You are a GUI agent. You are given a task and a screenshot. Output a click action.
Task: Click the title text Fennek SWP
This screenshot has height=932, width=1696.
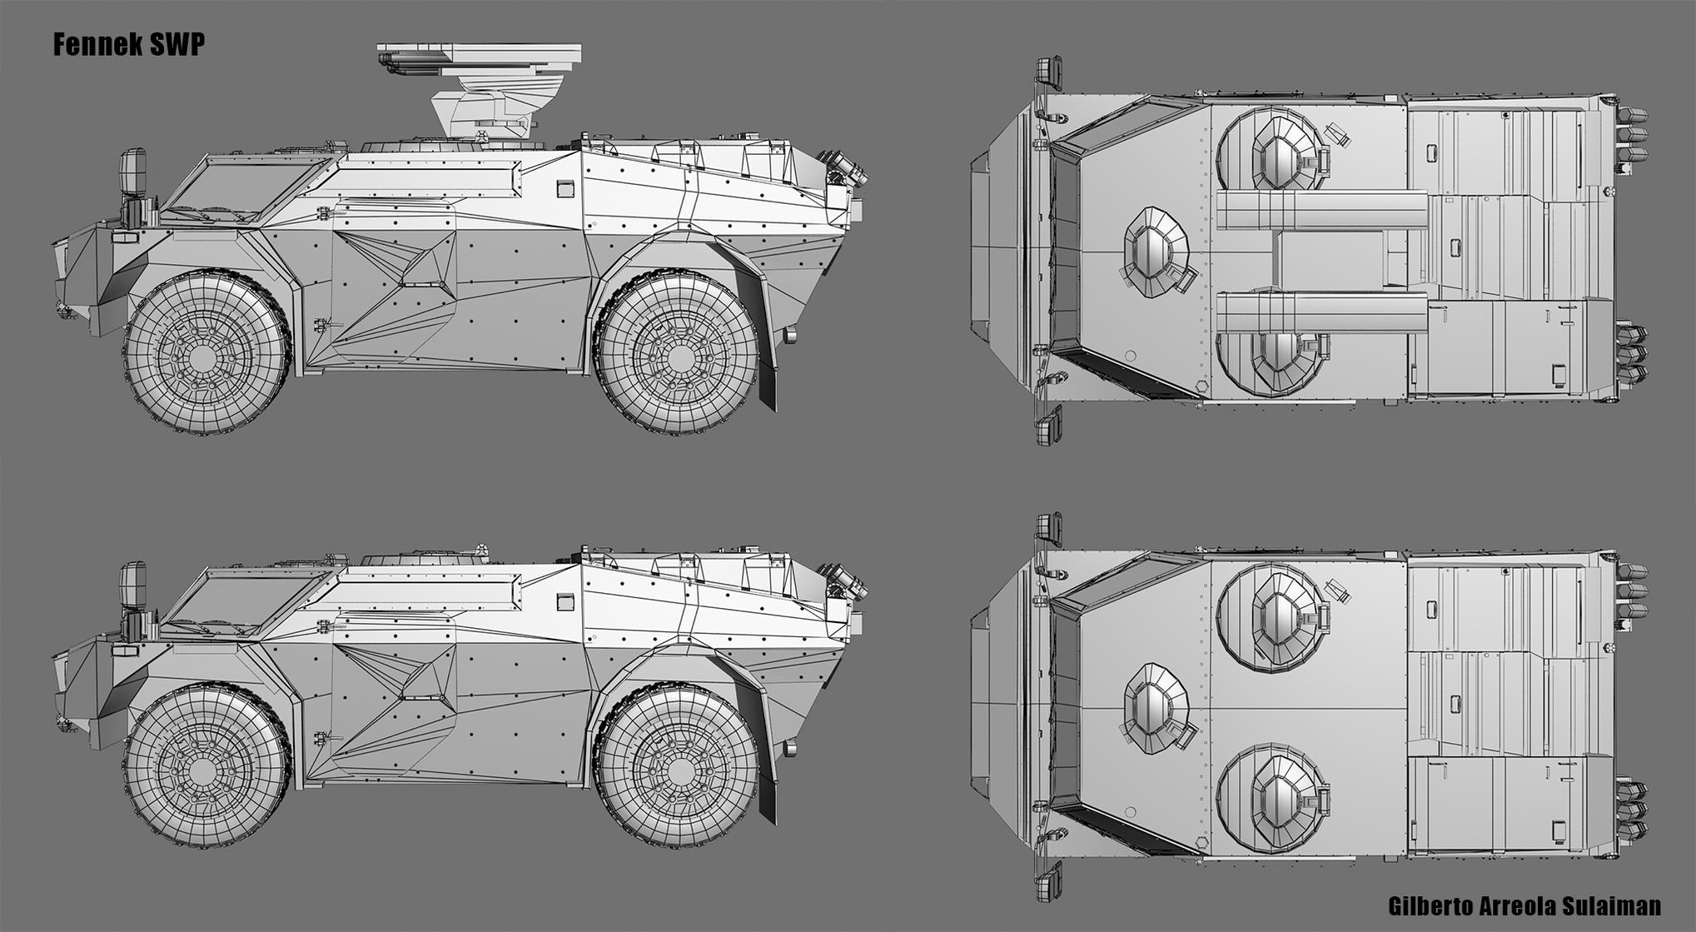[x=128, y=45]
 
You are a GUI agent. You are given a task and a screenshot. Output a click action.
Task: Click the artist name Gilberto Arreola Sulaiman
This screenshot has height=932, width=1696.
[x=1524, y=905]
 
